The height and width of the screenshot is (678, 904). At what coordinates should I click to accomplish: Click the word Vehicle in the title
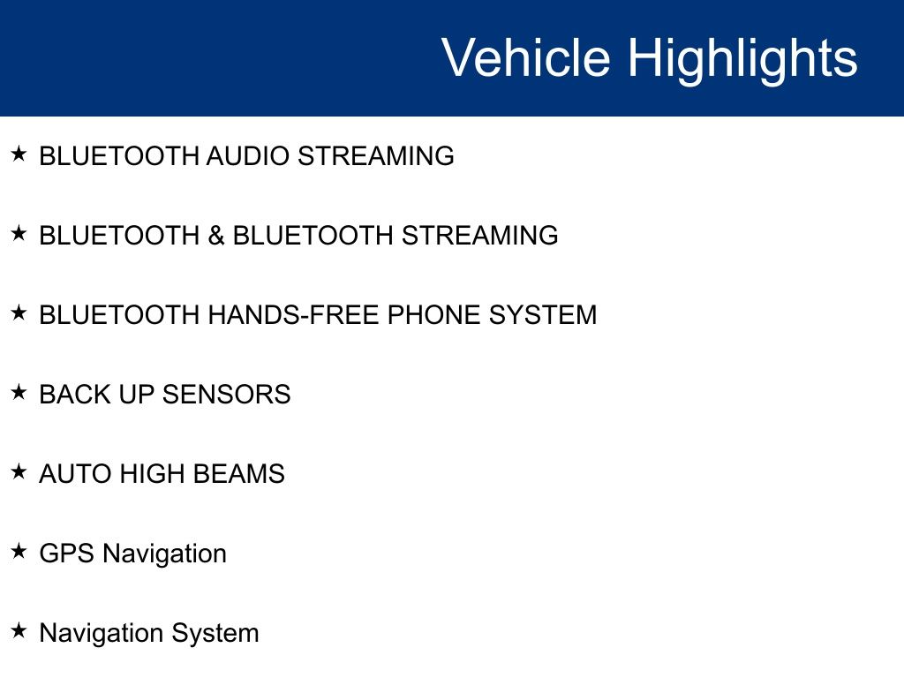coord(526,57)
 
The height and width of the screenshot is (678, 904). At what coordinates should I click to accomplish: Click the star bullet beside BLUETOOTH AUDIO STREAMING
coord(19,154)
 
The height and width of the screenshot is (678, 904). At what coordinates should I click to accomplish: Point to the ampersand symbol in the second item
coord(216,236)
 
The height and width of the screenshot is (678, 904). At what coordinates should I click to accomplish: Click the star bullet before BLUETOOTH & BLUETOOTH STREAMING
coord(19,233)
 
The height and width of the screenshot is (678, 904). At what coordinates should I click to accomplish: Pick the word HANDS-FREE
coord(294,315)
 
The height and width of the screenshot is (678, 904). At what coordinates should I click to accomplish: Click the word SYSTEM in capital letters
coord(543,315)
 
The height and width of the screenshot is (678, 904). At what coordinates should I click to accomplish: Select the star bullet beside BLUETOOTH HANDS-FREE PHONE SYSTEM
coord(19,313)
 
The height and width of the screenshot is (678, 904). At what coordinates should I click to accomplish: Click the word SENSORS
coord(226,395)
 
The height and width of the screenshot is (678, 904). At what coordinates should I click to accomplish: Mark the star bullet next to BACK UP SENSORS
coord(19,392)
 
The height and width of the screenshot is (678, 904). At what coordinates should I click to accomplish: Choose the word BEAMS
coord(238,474)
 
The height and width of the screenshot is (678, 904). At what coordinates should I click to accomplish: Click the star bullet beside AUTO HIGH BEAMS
coord(19,471)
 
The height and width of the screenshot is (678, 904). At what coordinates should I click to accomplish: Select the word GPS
coord(66,554)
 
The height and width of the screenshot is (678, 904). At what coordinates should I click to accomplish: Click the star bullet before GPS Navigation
coord(19,551)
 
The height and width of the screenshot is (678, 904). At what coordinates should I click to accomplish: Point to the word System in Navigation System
coord(215,634)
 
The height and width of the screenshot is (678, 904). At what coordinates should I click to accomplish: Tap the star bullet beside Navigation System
coord(19,630)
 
